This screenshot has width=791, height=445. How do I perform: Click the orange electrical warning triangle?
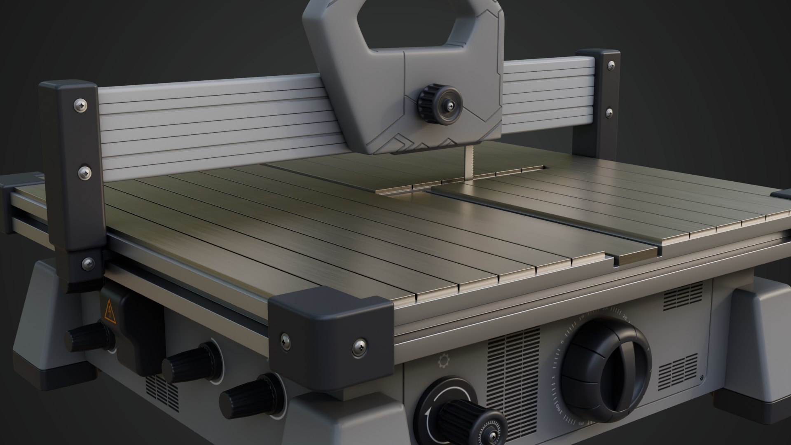110,312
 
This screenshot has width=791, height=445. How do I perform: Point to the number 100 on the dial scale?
559,410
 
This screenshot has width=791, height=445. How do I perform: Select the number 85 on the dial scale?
581,423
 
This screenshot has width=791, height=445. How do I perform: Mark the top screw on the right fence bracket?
611,66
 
